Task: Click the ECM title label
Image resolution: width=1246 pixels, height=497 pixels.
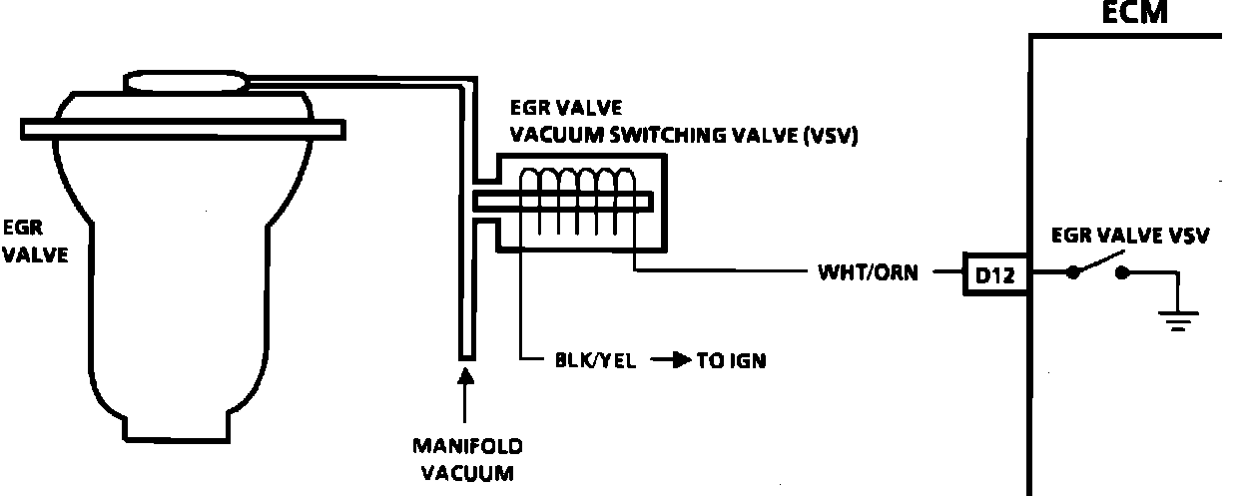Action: [1134, 13]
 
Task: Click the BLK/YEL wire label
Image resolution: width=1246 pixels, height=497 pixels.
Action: [595, 360]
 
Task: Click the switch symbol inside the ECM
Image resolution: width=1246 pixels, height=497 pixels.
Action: [1097, 267]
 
